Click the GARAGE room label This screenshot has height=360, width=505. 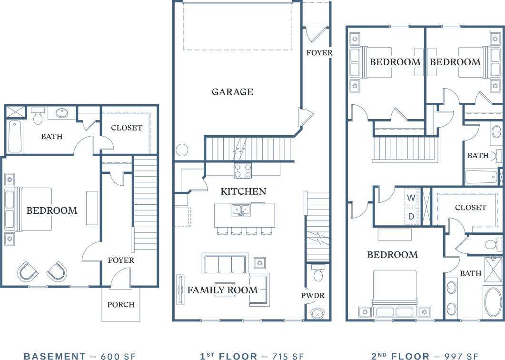coord(232,92)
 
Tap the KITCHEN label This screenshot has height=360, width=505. coord(243,191)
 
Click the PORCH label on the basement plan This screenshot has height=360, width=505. coord(121,305)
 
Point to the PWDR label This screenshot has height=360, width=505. coord(313,296)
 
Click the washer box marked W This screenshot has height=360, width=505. coord(411,197)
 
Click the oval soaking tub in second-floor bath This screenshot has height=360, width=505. coord(493,302)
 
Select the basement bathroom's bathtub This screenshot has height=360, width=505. coord(15,136)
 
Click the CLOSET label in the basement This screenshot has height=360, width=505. coord(126,128)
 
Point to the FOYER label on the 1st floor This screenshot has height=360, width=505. coord(319,52)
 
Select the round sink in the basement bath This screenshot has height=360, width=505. coord(61,113)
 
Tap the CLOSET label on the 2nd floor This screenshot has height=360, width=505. coord(471,208)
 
